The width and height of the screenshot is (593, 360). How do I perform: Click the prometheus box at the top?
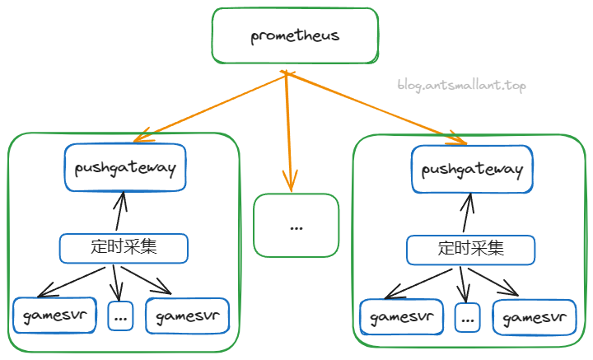point(295,36)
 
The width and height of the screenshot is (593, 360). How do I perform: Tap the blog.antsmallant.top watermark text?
point(460,85)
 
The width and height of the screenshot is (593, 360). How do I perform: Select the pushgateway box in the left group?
point(125,169)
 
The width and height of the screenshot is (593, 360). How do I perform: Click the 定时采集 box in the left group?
point(124,246)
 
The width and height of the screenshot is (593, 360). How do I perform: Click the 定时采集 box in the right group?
point(471,248)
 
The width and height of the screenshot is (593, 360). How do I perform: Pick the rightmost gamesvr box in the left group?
point(187,315)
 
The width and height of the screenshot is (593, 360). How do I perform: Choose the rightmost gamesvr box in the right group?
point(535,317)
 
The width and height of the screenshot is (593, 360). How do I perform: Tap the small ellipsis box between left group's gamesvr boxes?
point(120,316)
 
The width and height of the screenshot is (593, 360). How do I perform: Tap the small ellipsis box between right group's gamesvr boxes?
point(468,317)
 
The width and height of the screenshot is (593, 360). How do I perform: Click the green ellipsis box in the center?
point(296,225)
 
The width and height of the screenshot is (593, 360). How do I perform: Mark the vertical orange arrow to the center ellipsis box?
point(289,132)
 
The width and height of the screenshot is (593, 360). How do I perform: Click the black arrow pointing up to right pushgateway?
point(468,214)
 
